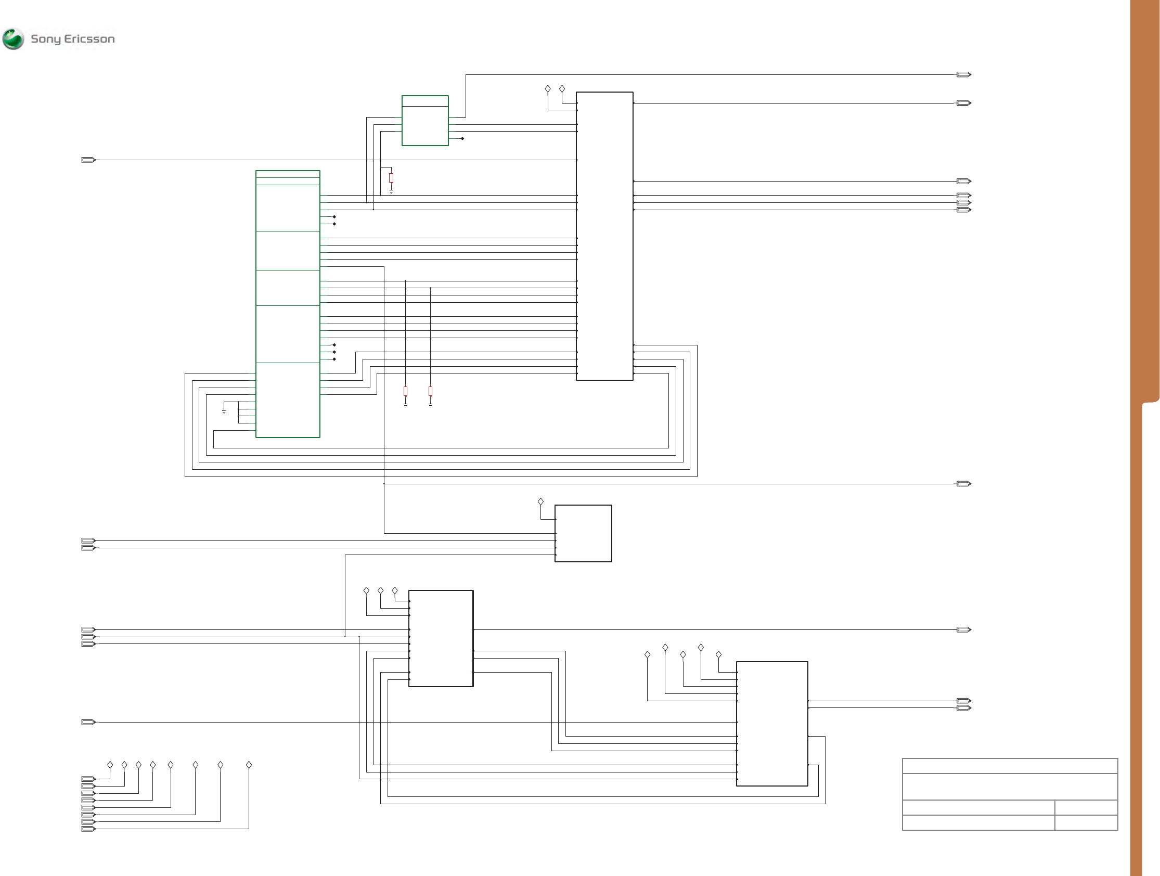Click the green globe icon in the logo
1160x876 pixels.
tap(13, 39)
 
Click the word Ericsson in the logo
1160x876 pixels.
tap(89, 39)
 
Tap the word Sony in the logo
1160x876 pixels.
tap(46, 39)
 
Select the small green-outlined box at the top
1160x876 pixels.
tap(425, 121)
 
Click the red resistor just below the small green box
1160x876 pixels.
tap(391, 178)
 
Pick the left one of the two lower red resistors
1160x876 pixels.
tap(405, 391)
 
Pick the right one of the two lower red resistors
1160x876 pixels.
tap(431, 391)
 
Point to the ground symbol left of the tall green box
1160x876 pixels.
tap(224, 411)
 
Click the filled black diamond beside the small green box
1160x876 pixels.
tap(462, 138)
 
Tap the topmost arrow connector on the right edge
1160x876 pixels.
tap(963, 74)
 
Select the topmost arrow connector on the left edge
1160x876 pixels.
tap(88, 160)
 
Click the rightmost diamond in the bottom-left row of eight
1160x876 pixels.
tap(249, 765)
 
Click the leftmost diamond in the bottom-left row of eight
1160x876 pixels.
tap(110, 765)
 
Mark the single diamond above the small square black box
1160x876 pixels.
tap(540, 502)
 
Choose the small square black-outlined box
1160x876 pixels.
tap(583, 534)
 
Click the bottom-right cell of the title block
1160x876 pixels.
tap(1086, 822)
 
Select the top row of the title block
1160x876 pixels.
tap(1010, 766)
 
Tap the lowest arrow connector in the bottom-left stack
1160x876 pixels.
tap(88, 829)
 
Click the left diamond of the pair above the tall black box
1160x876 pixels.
tap(548, 89)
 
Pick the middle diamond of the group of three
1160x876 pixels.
tap(381, 590)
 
